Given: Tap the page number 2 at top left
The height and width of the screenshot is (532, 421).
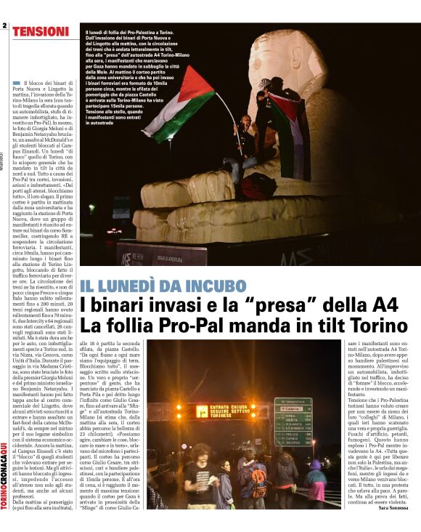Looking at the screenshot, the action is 4,25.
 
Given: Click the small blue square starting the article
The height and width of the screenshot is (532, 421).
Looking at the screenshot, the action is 17,84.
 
